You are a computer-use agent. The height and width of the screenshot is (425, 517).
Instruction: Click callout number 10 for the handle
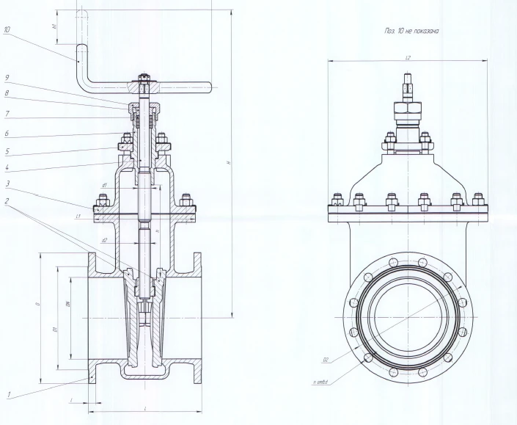(x=7, y=31)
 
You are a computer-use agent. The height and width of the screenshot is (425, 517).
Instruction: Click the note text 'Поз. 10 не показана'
(x=406, y=32)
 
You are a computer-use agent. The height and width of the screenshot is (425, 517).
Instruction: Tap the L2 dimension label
(x=407, y=57)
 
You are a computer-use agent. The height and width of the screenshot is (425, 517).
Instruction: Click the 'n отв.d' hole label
(x=320, y=382)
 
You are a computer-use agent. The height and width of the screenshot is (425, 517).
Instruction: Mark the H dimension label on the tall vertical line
(x=228, y=163)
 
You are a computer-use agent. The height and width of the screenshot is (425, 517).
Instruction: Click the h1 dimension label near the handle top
(x=54, y=26)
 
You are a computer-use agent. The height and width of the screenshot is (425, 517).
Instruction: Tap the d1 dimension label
(x=105, y=184)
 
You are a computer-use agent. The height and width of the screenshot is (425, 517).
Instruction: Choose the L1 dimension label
(x=78, y=217)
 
